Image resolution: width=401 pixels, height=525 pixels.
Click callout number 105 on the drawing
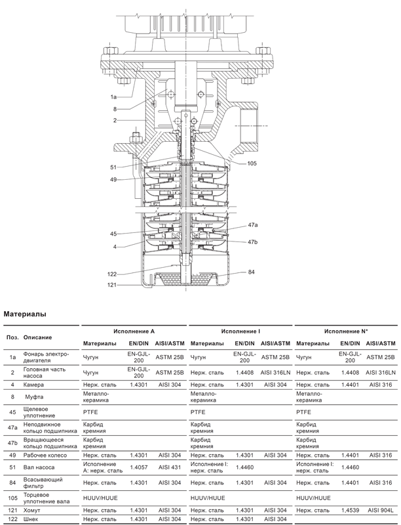[252, 163]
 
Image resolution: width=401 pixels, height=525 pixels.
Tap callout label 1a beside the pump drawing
[113, 97]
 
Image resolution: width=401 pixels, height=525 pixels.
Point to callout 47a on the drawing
[253, 225]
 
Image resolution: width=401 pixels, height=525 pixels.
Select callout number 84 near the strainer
[251, 272]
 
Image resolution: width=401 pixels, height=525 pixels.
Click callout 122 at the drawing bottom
[112, 274]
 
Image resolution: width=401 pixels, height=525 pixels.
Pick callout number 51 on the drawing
[113, 167]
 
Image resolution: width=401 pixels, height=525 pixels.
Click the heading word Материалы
[25, 314]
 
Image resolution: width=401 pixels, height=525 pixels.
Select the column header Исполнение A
[134, 331]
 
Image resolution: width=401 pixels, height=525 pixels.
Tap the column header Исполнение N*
[346, 331]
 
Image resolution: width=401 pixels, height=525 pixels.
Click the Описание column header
[37, 337]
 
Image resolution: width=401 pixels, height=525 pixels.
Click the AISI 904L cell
[381, 511]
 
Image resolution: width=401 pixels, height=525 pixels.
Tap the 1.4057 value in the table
[139, 467]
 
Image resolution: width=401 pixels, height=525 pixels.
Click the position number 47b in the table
[12, 443]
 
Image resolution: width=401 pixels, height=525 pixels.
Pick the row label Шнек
[30, 519]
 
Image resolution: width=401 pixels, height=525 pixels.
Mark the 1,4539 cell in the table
[350, 511]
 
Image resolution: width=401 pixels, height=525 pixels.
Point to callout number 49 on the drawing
[113, 180]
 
